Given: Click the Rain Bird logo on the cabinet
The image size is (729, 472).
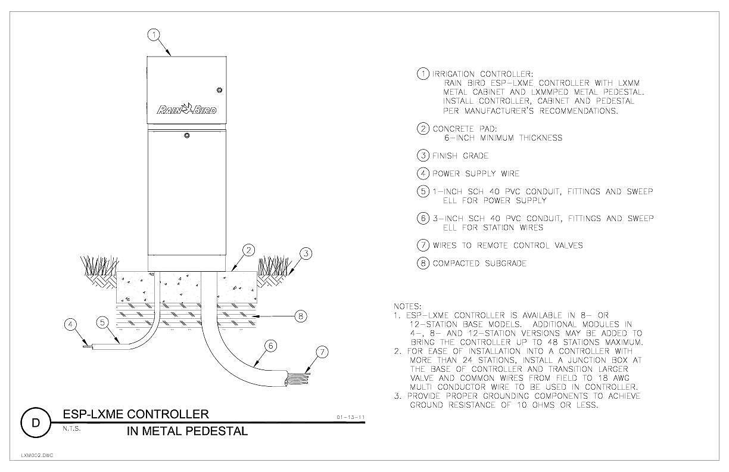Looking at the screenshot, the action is point(186,109).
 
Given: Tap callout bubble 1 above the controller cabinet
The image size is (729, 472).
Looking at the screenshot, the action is point(154,35).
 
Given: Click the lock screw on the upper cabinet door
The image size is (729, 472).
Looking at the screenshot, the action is point(219,90).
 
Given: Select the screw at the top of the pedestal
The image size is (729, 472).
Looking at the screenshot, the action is point(187,135).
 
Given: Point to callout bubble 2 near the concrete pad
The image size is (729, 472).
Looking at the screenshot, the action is point(249,250).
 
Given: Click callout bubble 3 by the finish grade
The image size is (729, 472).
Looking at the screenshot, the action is point(306,253).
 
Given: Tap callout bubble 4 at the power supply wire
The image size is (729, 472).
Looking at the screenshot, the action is point(71,324).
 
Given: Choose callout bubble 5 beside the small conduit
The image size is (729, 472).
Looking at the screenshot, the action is point(102,322).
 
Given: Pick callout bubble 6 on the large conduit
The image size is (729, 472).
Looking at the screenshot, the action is point(271,346).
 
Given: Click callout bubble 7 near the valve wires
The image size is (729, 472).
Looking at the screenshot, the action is point(322,352).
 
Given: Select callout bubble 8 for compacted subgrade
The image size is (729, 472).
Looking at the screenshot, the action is point(300,316).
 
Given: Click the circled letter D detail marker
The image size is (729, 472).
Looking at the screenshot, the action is point(36,423).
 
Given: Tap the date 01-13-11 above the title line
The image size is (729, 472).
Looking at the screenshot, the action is point(350,417).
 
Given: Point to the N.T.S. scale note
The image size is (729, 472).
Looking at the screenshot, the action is point(71,428).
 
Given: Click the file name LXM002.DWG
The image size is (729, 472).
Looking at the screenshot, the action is point(37,455).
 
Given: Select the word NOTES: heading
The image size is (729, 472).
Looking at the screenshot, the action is point(407,306).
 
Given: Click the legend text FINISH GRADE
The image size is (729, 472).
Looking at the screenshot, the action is point(460,156).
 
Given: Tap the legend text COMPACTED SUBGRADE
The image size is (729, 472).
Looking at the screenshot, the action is point(479,263).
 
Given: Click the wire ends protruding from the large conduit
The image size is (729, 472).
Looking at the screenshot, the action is point(298,378).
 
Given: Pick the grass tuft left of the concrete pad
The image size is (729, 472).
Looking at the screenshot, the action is point(99,265).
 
